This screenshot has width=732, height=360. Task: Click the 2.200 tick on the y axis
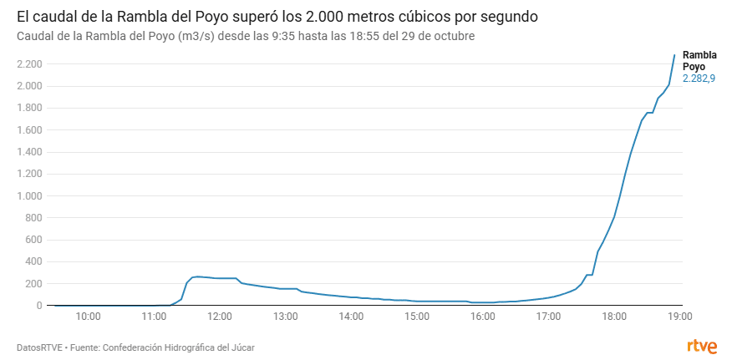point(29,64)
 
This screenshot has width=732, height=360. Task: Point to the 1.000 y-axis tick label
point(29,196)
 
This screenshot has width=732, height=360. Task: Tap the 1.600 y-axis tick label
point(29,130)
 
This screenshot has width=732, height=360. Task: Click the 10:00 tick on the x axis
point(89,317)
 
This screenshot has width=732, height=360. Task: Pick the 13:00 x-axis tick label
point(286,317)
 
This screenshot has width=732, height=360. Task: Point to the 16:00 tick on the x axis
point(483,317)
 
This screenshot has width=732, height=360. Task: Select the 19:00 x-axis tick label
point(679,317)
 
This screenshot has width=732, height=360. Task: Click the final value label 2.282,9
point(699,79)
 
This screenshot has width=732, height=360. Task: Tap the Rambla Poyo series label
point(699,59)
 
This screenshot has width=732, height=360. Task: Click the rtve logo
point(701,346)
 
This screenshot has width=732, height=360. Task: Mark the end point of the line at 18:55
point(674,55)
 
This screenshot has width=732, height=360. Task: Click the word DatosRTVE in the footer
point(39,347)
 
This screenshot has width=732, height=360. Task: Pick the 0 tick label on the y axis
point(38,306)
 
